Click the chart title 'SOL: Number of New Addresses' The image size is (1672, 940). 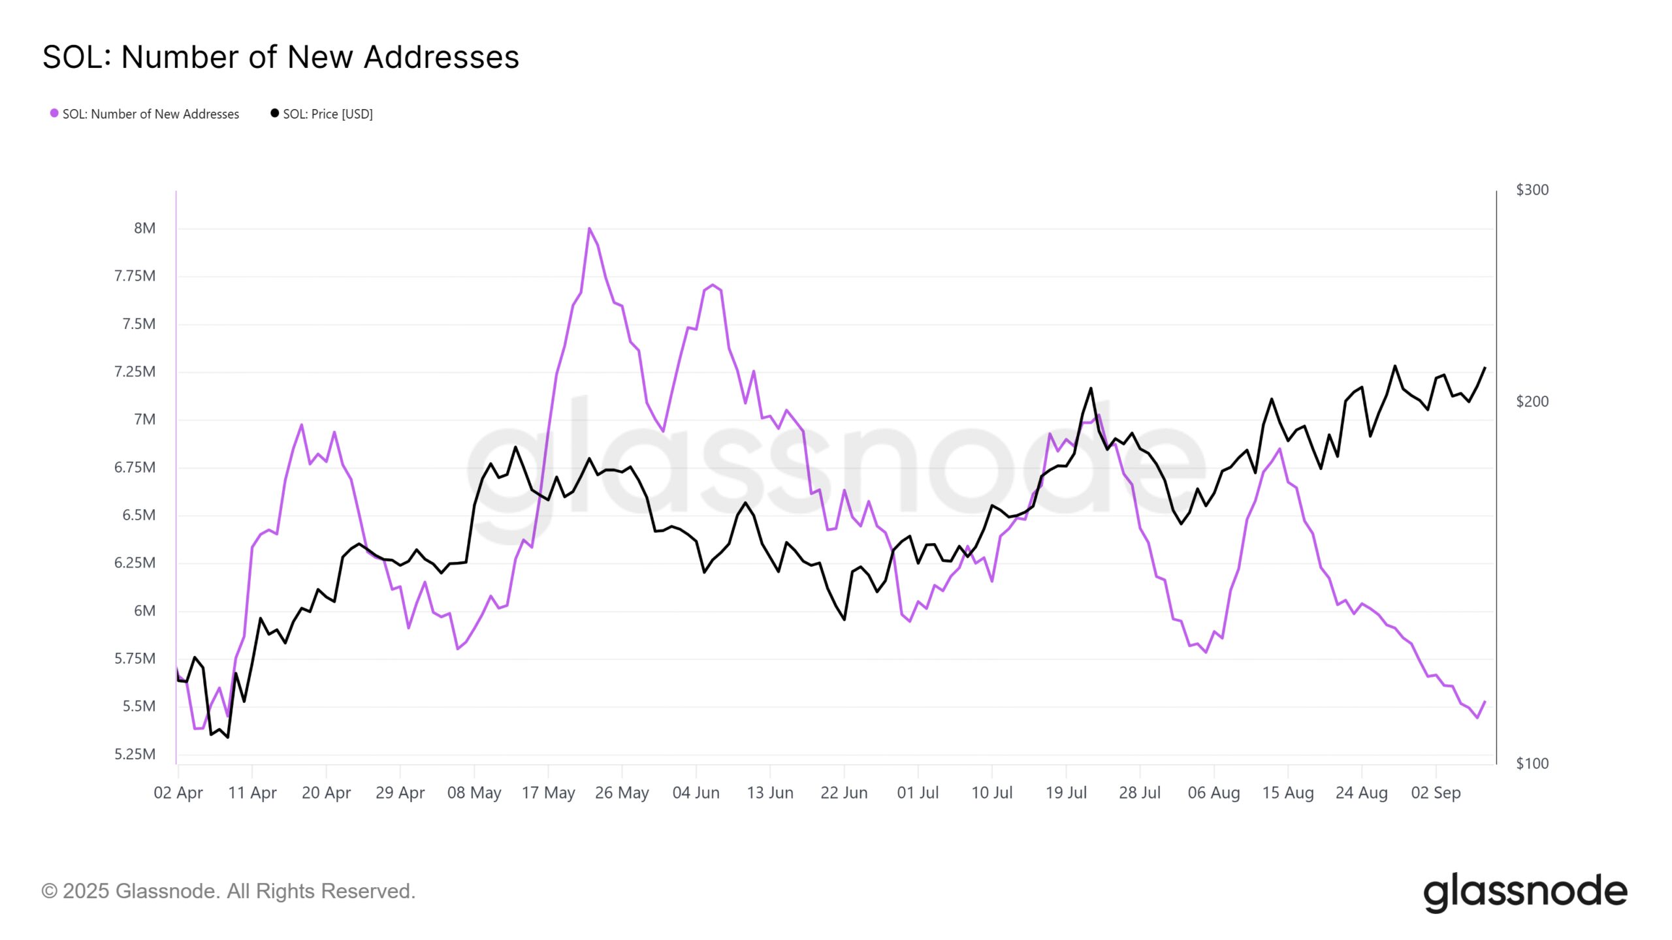click(281, 57)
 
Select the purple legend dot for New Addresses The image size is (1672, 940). click(54, 114)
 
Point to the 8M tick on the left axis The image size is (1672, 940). click(145, 228)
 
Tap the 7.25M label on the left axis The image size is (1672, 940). click(135, 372)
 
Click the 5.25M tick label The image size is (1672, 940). click(135, 755)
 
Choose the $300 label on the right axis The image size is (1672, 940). click(1532, 190)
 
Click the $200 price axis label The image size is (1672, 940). click(1532, 401)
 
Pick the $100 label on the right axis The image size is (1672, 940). click(1532, 764)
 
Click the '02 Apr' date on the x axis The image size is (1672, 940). click(178, 793)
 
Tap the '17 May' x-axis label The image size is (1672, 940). click(548, 793)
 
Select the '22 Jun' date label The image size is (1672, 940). click(844, 793)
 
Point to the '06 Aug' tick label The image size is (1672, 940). click(1214, 793)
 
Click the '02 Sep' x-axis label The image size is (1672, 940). click(1436, 793)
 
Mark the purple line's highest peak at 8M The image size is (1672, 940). click(589, 228)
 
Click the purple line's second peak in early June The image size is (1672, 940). click(713, 285)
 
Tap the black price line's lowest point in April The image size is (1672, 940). click(227, 738)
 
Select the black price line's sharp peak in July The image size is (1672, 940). click(1091, 388)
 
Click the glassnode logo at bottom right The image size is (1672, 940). click(1525, 892)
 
